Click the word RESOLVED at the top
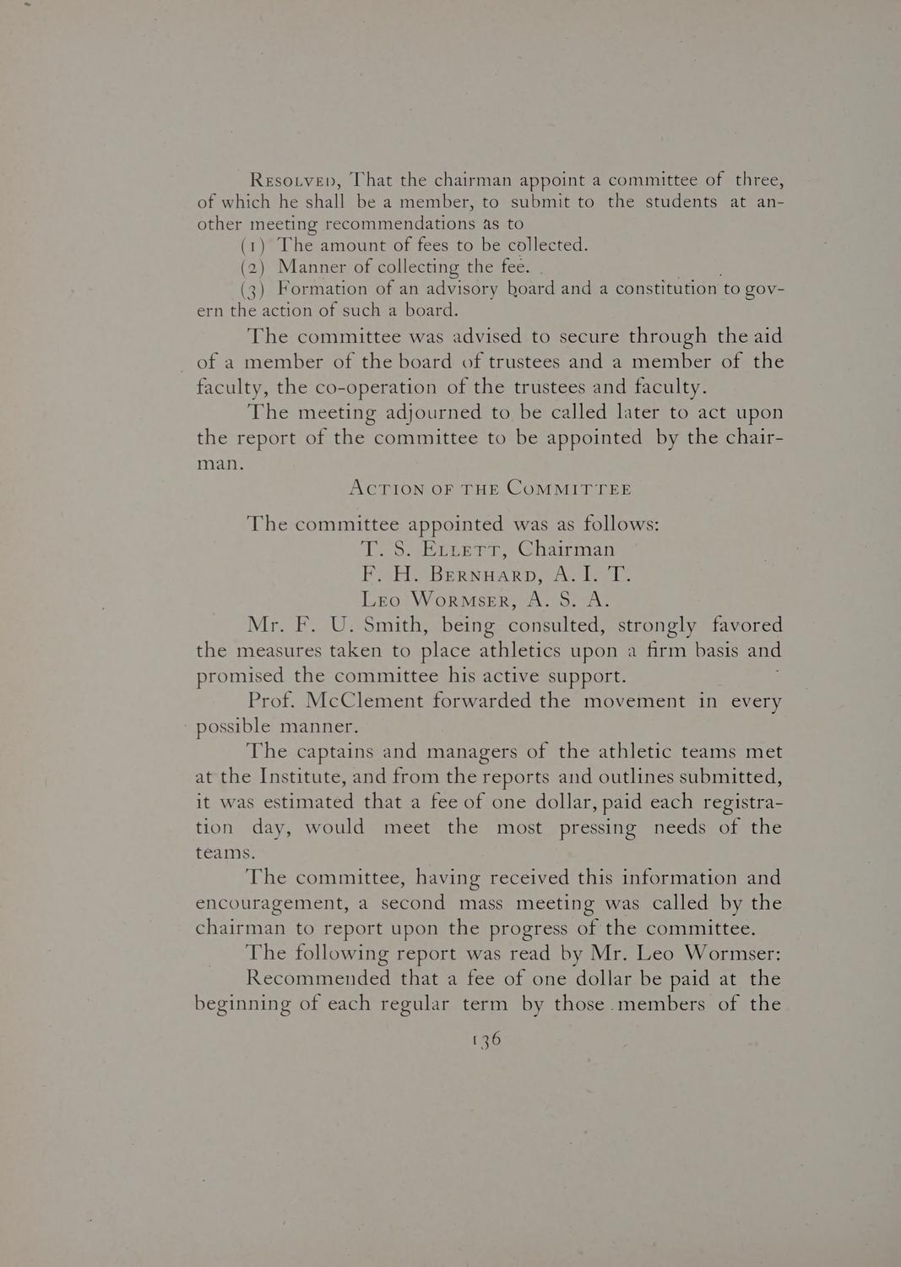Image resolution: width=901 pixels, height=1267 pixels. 294,182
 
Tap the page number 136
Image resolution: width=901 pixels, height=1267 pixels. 487,1039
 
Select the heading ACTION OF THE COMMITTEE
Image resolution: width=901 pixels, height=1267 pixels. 490,489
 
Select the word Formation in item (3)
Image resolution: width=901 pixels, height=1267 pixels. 324,289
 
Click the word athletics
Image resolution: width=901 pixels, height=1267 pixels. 455,651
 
